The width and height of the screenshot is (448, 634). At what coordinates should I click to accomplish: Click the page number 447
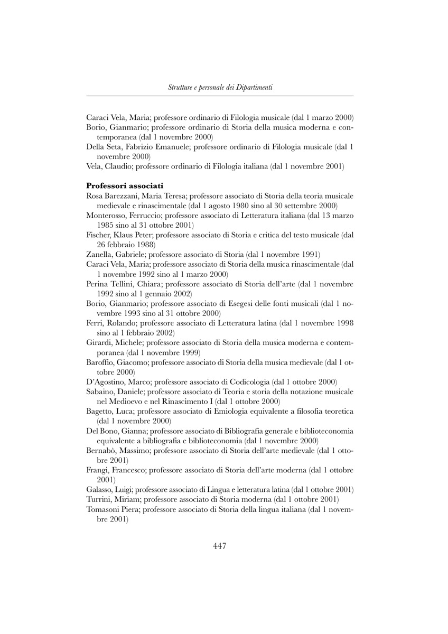coord(220,546)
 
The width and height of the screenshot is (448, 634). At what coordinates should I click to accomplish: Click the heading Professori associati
coord(124,185)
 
